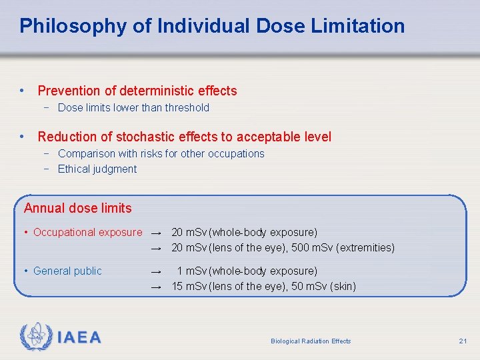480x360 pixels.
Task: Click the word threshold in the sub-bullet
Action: point(185,107)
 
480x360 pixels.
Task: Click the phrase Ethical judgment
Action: point(97,169)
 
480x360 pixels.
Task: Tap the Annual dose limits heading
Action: point(77,208)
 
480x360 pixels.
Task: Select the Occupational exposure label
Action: point(87,232)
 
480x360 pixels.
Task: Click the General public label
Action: point(67,271)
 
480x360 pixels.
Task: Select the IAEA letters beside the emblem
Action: point(79,338)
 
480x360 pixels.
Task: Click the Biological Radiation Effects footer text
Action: point(311,341)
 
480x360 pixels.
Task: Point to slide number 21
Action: point(463,341)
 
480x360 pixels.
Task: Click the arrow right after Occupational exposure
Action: point(156,233)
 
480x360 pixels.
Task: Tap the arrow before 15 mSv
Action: point(156,287)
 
